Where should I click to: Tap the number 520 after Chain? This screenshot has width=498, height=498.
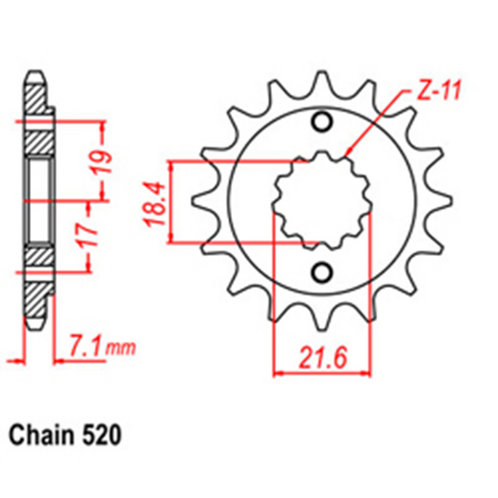[x=106, y=435]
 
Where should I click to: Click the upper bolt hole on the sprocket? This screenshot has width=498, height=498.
[x=321, y=124]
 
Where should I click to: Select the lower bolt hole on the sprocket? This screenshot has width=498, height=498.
[x=321, y=273]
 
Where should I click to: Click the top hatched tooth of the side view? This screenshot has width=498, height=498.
[x=35, y=101]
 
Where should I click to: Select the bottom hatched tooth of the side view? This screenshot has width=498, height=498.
[x=35, y=299]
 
